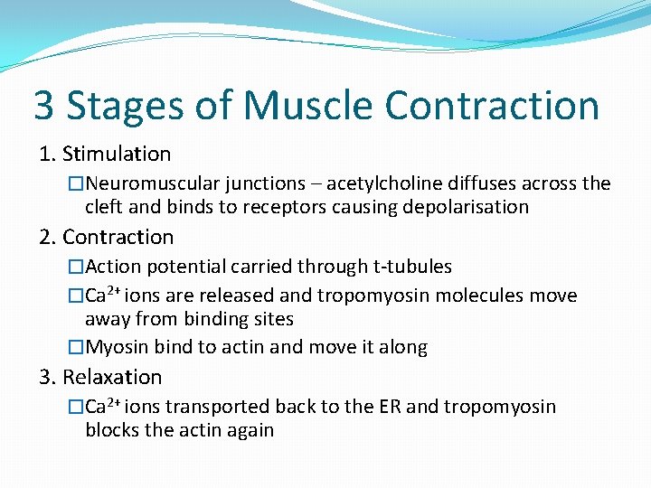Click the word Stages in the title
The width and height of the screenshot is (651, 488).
point(122,105)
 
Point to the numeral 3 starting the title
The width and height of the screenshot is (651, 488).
point(43,105)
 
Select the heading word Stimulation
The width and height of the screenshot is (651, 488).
point(116,155)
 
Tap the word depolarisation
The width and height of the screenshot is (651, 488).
point(461,207)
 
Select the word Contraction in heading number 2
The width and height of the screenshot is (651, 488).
point(118,238)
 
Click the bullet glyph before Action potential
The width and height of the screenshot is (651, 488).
point(76,267)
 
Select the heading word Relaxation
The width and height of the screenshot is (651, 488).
point(112,377)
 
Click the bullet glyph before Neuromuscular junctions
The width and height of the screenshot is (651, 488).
point(76,184)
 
